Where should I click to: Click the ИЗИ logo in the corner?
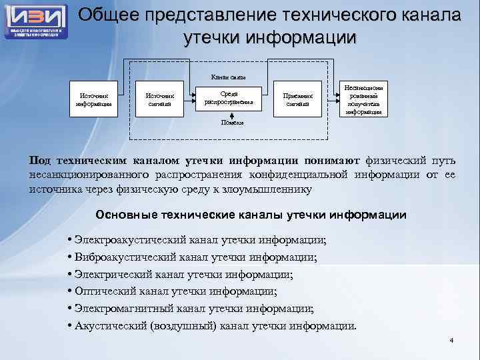pos(37,20)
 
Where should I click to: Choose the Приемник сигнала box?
pos(298,99)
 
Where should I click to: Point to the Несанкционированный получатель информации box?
pos(364,99)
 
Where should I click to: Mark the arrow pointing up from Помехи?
pos(230,115)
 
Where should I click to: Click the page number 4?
pos(451,341)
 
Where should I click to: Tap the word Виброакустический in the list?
pos(124,257)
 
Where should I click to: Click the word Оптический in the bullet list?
pos(107,291)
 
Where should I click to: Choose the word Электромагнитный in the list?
pos(124,309)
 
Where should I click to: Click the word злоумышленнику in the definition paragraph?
pos(266,189)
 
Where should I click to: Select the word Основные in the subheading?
pos(123,215)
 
